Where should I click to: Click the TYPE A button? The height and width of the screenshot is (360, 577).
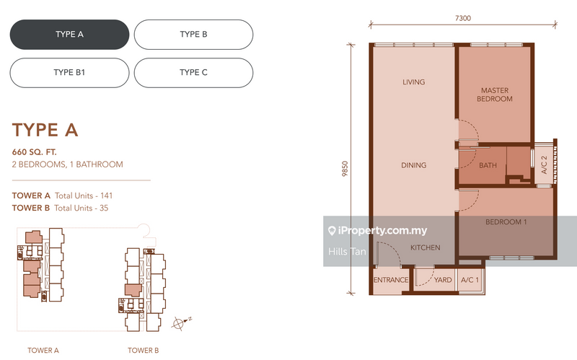(69, 35)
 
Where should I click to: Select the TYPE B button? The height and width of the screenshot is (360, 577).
(193, 35)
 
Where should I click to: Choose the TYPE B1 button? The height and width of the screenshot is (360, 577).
(69, 73)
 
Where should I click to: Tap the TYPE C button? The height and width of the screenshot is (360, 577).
(193, 73)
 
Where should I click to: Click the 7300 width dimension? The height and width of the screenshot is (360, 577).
(463, 18)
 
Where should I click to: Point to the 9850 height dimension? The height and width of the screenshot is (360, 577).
(345, 169)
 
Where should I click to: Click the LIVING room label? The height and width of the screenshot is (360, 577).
(413, 82)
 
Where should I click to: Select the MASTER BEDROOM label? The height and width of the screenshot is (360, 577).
(495, 95)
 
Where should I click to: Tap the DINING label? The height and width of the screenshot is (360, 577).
(413, 165)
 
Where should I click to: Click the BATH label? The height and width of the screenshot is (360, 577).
(488, 166)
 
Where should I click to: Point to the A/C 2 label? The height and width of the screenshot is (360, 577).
(545, 165)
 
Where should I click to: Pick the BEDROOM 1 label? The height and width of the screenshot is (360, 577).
(506, 222)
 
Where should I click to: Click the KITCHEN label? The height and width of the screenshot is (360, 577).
(425, 247)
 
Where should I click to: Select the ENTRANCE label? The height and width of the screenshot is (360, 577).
(391, 280)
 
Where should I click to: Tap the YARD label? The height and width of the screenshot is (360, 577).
(443, 280)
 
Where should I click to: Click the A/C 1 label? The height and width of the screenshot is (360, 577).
(470, 280)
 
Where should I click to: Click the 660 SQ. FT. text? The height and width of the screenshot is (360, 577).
(34, 152)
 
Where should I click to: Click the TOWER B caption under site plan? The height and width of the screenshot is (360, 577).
(143, 351)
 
